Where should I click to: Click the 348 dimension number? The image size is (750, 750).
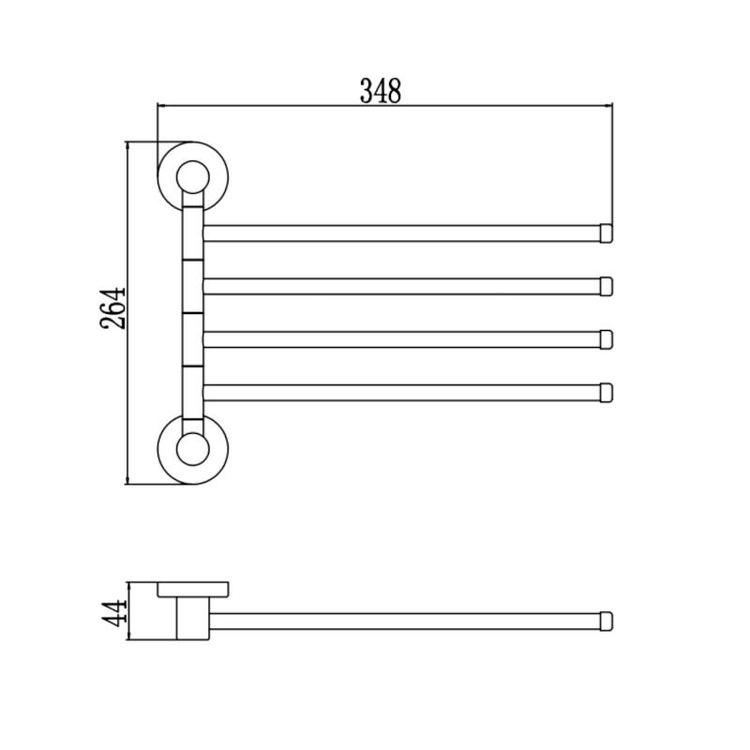[381, 91]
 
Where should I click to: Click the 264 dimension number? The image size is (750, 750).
[112, 308]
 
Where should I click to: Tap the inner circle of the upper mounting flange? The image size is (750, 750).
[193, 177]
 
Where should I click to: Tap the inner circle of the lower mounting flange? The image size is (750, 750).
[193, 449]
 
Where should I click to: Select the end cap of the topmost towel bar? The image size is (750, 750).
[606, 233]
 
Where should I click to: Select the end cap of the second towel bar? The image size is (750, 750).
[606, 287]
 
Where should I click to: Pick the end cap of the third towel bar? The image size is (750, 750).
[606, 339]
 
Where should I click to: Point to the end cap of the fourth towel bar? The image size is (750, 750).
[606, 393]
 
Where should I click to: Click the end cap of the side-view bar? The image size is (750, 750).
[606, 622]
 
